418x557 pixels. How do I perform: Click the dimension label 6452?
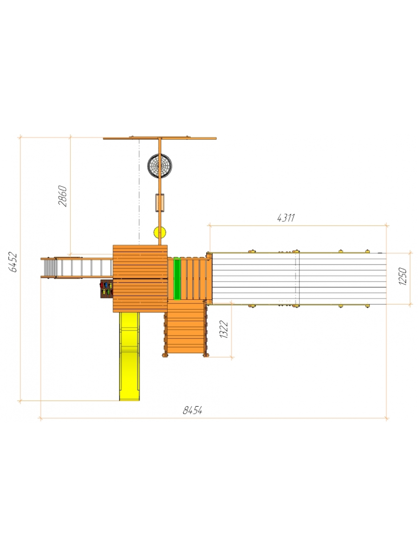coord(13,262)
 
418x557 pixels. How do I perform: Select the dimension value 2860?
coord(62,196)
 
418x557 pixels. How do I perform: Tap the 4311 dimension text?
coord(286,218)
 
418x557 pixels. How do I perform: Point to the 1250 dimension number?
coord(403,276)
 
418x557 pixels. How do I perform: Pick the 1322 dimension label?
coord(224,329)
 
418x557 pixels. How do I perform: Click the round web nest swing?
coord(160,166)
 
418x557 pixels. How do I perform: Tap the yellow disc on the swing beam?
coord(160,233)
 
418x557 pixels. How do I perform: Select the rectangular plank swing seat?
coord(160,202)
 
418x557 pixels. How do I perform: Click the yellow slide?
coord(130,356)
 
